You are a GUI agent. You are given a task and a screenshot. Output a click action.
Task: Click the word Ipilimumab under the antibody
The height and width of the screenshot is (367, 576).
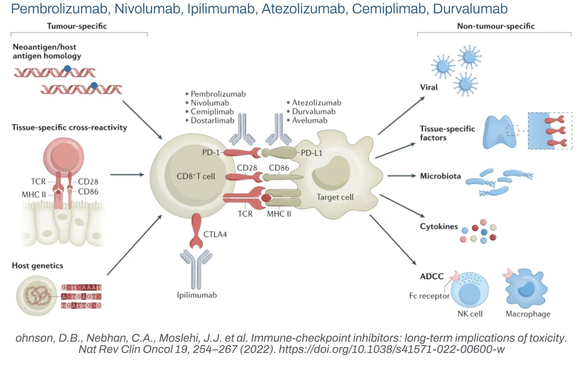tap(193, 294)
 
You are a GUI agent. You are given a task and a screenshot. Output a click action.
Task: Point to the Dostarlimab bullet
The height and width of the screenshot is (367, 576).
tap(211, 121)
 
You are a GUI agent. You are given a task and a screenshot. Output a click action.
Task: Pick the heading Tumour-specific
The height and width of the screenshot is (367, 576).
tap(76, 26)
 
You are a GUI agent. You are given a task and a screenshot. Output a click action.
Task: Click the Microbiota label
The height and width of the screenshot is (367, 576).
tap(440, 176)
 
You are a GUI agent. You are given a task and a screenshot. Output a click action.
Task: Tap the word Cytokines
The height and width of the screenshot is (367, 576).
tap(439, 226)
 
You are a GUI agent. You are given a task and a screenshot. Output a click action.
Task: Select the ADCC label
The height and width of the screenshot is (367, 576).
tap(432, 276)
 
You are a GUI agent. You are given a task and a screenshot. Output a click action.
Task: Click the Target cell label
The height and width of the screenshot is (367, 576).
tap(335, 198)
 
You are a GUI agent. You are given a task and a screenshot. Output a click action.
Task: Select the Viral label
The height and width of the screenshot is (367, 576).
tap(429, 87)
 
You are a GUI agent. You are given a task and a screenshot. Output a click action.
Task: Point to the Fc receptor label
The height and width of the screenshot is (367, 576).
tap(429, 296)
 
